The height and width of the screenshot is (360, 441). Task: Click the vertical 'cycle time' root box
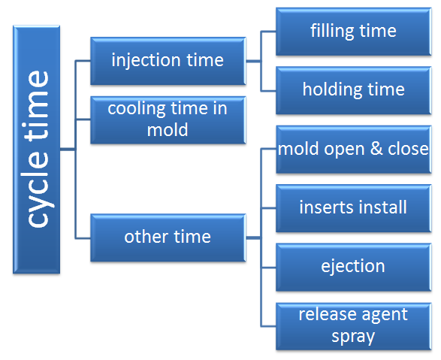[37, 148]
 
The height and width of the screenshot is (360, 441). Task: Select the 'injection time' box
[167, 60]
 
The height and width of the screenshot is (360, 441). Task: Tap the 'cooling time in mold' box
[167, 119]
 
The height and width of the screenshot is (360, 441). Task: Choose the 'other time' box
[167, 237]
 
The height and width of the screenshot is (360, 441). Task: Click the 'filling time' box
[353, 31]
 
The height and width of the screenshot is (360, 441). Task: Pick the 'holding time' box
[353, 90]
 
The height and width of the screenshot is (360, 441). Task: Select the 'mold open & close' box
[353, 149]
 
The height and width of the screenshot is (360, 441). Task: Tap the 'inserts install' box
[353, 207]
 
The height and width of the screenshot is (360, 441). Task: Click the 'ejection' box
[353, 266]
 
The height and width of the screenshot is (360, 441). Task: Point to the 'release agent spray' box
[353, 325]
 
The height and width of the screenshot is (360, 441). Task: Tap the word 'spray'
[353, 335]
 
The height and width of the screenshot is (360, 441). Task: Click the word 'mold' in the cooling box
[167, 129]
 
